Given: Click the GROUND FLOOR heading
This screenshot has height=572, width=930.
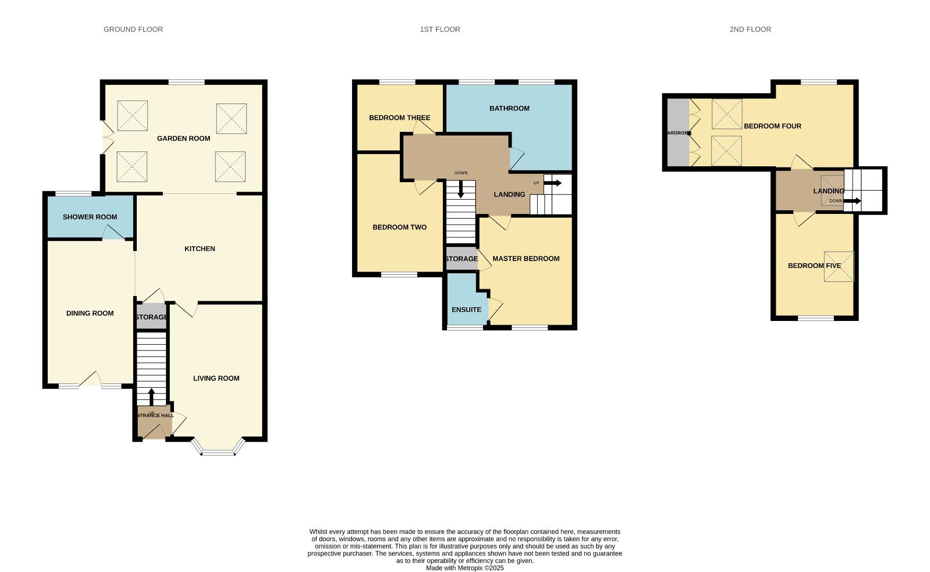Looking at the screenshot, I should tap(133, 29).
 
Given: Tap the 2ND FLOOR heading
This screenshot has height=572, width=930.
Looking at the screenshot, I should tap(750, 29).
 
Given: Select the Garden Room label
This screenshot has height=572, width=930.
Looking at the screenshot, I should tap(183, 138).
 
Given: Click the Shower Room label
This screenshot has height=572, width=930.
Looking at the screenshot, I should tap(90, 217).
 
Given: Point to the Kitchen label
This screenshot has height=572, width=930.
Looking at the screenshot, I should tap(200, 248).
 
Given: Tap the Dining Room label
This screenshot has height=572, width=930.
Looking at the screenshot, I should tap(90, 313).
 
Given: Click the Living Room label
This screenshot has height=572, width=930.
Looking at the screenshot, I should tap(216, 378).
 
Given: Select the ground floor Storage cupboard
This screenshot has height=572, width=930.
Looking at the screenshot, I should tap(152, 317).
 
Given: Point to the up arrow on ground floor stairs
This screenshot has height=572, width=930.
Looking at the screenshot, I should tap(151, 397).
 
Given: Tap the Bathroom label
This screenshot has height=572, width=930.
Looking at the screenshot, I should tap(509, 108).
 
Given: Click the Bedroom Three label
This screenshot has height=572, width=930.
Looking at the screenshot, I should tap(399, 118).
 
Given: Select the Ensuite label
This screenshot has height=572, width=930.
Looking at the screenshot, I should tap(467, 309).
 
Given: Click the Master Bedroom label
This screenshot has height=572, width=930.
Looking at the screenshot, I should tap(526, 258).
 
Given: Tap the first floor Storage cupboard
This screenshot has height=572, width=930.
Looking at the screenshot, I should tap(461, 259).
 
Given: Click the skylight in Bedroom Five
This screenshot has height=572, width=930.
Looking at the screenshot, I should tap(839, 266).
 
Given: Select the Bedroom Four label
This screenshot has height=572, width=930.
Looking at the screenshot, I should tap(772, 126).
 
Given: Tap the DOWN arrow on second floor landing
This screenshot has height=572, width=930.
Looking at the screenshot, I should tap(852, 201).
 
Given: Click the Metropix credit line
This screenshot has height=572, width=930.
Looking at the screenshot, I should tap(464, 568).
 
